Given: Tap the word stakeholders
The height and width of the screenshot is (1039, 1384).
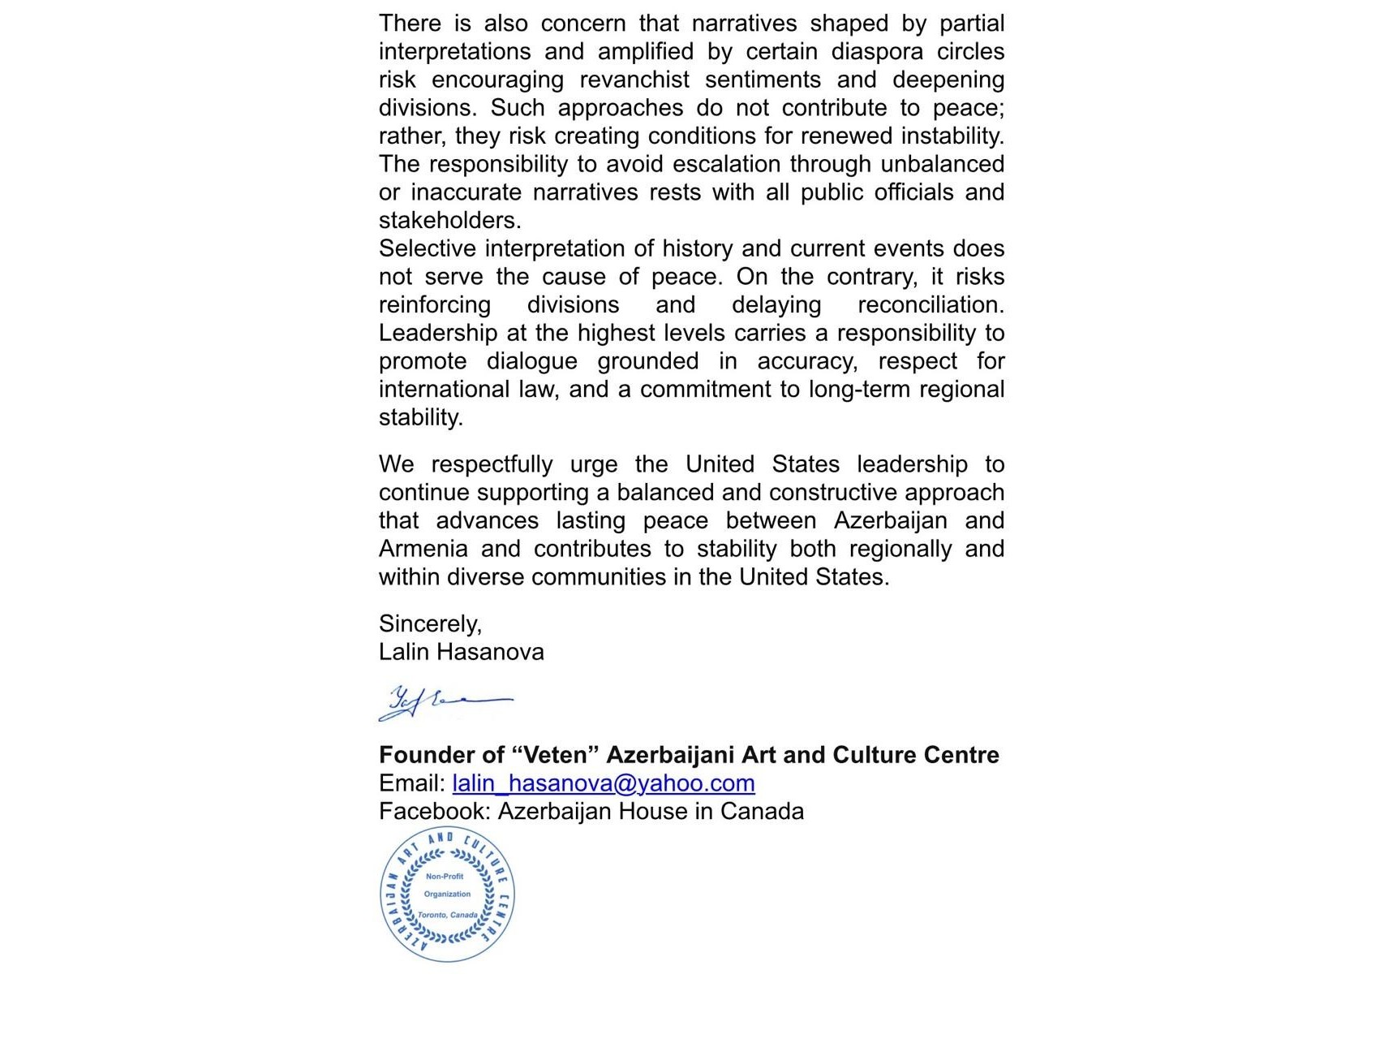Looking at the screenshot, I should (x=449, y=220).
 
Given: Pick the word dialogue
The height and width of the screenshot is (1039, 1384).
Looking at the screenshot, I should (x=531, y=361).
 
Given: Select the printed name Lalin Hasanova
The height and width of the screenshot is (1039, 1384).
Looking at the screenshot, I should (x=461, y=652).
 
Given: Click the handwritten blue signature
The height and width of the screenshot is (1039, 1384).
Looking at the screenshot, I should (x=445, y=702).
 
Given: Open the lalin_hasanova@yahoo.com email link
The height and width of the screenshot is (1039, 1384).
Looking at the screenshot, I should (x=603, y=783).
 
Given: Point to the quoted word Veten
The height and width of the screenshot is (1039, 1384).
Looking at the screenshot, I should (x=555, y=755).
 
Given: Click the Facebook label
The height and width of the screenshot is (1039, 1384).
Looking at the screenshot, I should (x=434, y=812).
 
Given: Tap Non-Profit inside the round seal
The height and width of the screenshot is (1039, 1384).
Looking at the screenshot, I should (x=445, y=877).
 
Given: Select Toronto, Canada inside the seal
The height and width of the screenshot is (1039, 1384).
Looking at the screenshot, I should (x=448, y=915).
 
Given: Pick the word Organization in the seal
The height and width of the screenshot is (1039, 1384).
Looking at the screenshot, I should (x=447, y=895).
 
